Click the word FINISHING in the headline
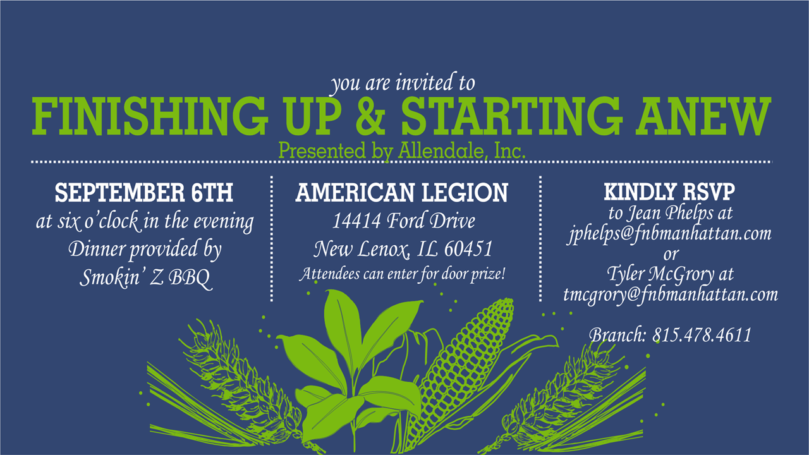(x=150, y=116)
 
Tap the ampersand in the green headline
(x=371, y=116)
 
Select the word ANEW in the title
(x=703, y=116)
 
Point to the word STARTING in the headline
(x=512, y=116)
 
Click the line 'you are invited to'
(x=403, y=83)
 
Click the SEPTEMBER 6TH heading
(x=143, y=193)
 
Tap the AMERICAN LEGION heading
(x=401, y=193)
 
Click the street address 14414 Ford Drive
(x=403, y=221)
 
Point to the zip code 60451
(x=468, y=249)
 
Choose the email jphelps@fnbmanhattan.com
(x=671, y=234)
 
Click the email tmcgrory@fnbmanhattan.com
(x=671, y=295)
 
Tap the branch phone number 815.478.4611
(x=702, y=335)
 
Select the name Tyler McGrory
(x=660, y=274)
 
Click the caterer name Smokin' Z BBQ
(x=145, y=277)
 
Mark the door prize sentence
(x=402, y=274)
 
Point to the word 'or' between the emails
(x=671, y=255)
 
